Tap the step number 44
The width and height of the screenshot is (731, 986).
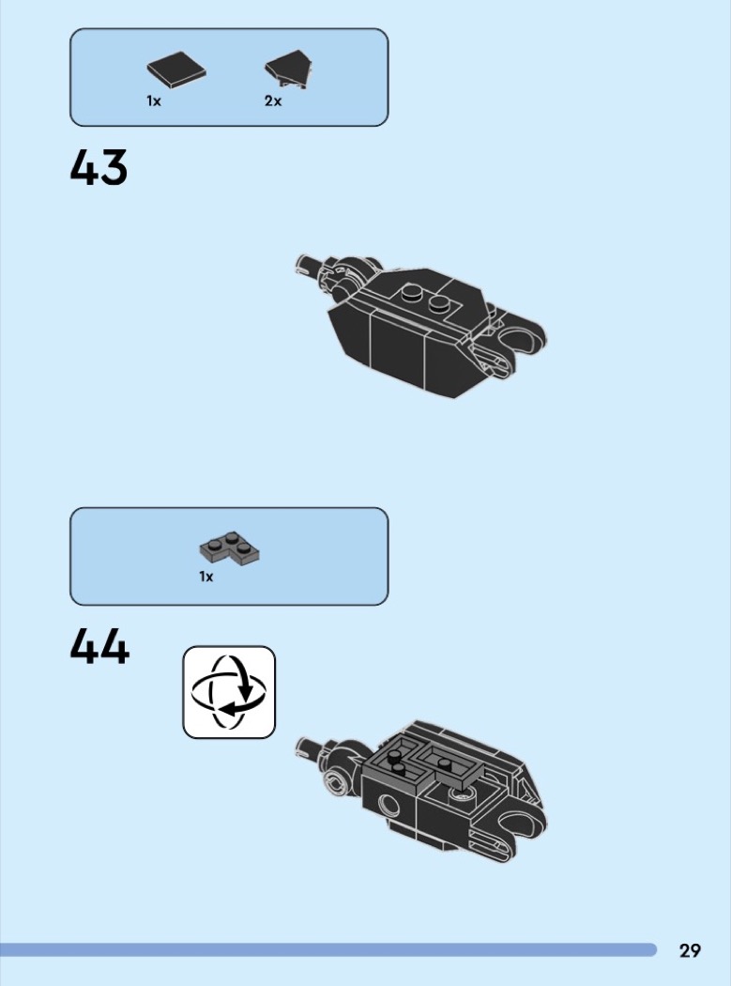(x=99, y=646)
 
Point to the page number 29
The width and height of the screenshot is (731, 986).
(x=690, y=949)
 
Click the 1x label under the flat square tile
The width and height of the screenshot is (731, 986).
(x=154, y=100)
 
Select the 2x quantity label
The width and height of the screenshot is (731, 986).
(x=273, y=100)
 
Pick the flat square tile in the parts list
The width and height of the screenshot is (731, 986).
(x=176, y=69)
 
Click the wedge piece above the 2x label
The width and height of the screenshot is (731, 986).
(x=290, y=69)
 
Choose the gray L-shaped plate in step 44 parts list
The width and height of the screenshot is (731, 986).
(x=230, y=548)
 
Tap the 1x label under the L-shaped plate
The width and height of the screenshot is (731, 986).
(x=206, y=576)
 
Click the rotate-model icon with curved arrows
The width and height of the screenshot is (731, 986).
(x=229, y=692)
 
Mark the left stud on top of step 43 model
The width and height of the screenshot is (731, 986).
(x=412, y=291)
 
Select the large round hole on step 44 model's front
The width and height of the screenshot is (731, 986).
(x=388, y=804)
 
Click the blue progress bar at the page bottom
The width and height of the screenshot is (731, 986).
(x=328, y=949)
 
